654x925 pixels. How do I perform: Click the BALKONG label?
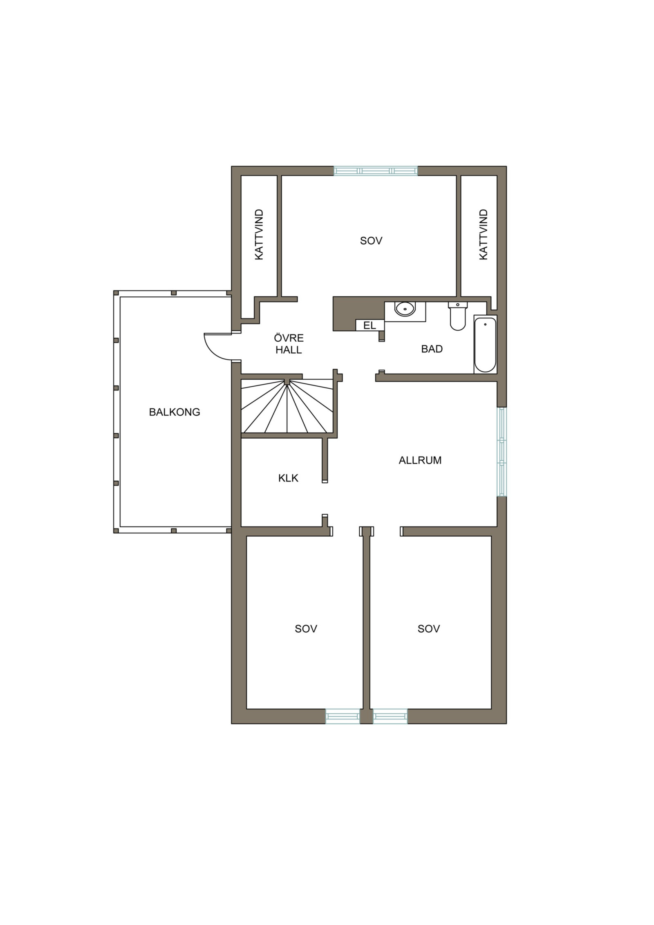[x=175, y=412]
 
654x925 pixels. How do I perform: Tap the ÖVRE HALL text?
[x=289, y=344]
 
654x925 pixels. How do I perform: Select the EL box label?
[x=370, y=325]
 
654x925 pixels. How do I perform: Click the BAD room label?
[x=432, y=349]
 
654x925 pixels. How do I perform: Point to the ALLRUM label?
[x=420, y=460]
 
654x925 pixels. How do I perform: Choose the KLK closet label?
[x=288, y=478]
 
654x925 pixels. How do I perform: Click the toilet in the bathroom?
[x=458, y=316]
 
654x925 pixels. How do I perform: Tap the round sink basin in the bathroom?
[x=405, y=309]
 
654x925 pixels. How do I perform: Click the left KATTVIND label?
[x=259, y=235]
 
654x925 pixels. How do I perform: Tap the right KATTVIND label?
[x=484, y=235]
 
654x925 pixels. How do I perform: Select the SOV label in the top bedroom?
[x=371, y=241]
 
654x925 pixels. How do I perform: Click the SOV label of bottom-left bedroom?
[x=306, y=629]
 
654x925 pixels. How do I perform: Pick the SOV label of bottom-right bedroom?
[x=429, y=629]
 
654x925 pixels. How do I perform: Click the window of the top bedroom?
[x=376, y=170]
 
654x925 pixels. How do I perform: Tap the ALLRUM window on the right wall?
[x=502, y=451]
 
